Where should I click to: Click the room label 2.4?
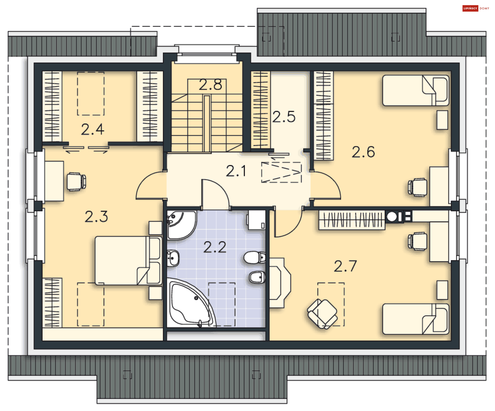click(x=93, y=129)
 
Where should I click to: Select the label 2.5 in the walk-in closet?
click(x=284, y=117)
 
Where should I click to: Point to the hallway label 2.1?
click(x=236, y=171)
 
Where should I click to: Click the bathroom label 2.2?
click(x=215, y=247)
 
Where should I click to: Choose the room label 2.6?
click(x=363, y=152)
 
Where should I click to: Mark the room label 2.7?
click(x=345, y=266)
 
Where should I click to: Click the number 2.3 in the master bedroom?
click(x=96, y=217)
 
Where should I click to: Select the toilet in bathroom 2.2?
click(x=254, y=257)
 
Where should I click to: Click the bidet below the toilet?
click(x=257, y=277)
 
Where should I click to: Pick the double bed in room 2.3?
click(x=128, y=261)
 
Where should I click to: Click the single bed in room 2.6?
click(x=416, y=91)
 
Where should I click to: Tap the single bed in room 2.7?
click(x=416, y=319)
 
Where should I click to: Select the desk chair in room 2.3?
click(x=76, y=182)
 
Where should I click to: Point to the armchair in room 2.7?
click(x=322, y=314)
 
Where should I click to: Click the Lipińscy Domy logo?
click(x=476, y=8)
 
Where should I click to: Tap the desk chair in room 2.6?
click(x=417, y=187)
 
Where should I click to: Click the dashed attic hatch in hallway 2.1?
click(x=281, y=172)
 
